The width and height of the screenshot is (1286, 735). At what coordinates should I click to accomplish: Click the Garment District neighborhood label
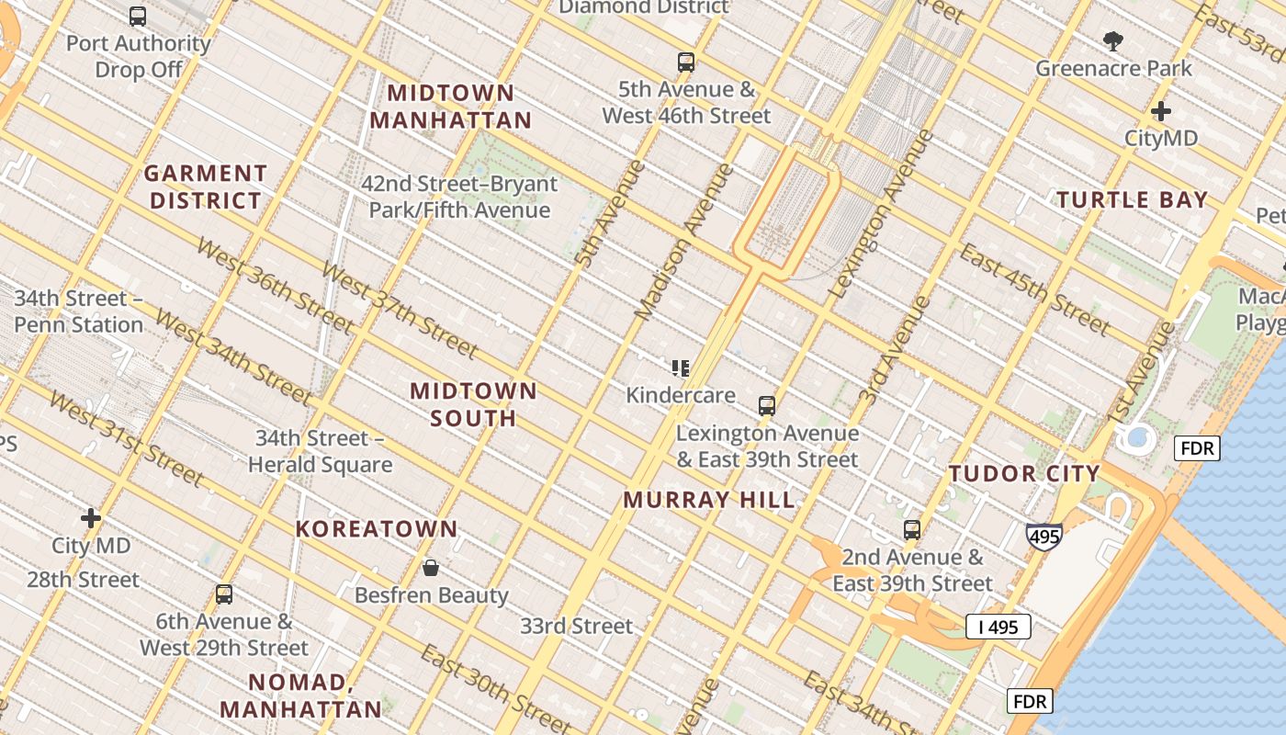[x=206, y=187]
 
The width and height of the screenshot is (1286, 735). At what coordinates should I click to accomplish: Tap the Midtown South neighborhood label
[x=473, y=404]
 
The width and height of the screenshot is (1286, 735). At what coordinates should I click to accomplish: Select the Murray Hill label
[x=709, y=501]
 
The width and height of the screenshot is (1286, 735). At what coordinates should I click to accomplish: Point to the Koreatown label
[x=377, y=529]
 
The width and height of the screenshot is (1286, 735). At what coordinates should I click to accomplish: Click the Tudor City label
[x=1024, y=474]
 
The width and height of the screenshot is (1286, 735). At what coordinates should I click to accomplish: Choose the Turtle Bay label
[x=1132, y=200]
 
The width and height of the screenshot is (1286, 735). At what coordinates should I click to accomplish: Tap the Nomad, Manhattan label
[x=300, y=695]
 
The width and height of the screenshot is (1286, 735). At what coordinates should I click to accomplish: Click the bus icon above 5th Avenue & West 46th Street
[x=686, y=62]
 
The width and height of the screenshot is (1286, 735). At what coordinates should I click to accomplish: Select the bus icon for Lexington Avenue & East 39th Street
[x=766, y=405]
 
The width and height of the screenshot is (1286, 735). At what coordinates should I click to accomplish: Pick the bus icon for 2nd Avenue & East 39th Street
[x=911, y=529]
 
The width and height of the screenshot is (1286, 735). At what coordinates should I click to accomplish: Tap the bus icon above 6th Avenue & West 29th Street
[x=223, y=594]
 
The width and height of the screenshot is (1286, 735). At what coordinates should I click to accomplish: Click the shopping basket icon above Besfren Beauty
[x=430, y=568]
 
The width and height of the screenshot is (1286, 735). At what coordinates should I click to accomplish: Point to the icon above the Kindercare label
[x=681, y=368]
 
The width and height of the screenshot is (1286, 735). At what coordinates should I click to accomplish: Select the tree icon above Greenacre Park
[x=1113, y=40]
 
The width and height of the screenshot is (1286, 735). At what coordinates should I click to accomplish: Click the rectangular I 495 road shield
[x=998, y=628]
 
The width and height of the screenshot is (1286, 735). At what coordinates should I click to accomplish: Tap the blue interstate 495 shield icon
[x=1044, y=536]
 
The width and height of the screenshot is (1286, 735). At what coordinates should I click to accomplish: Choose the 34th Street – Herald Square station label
[x=320, y=451]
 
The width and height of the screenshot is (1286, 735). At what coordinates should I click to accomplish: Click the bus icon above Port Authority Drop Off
[x=138, y=16]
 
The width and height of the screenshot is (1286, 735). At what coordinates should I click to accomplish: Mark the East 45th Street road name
[x=1034, y=289]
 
